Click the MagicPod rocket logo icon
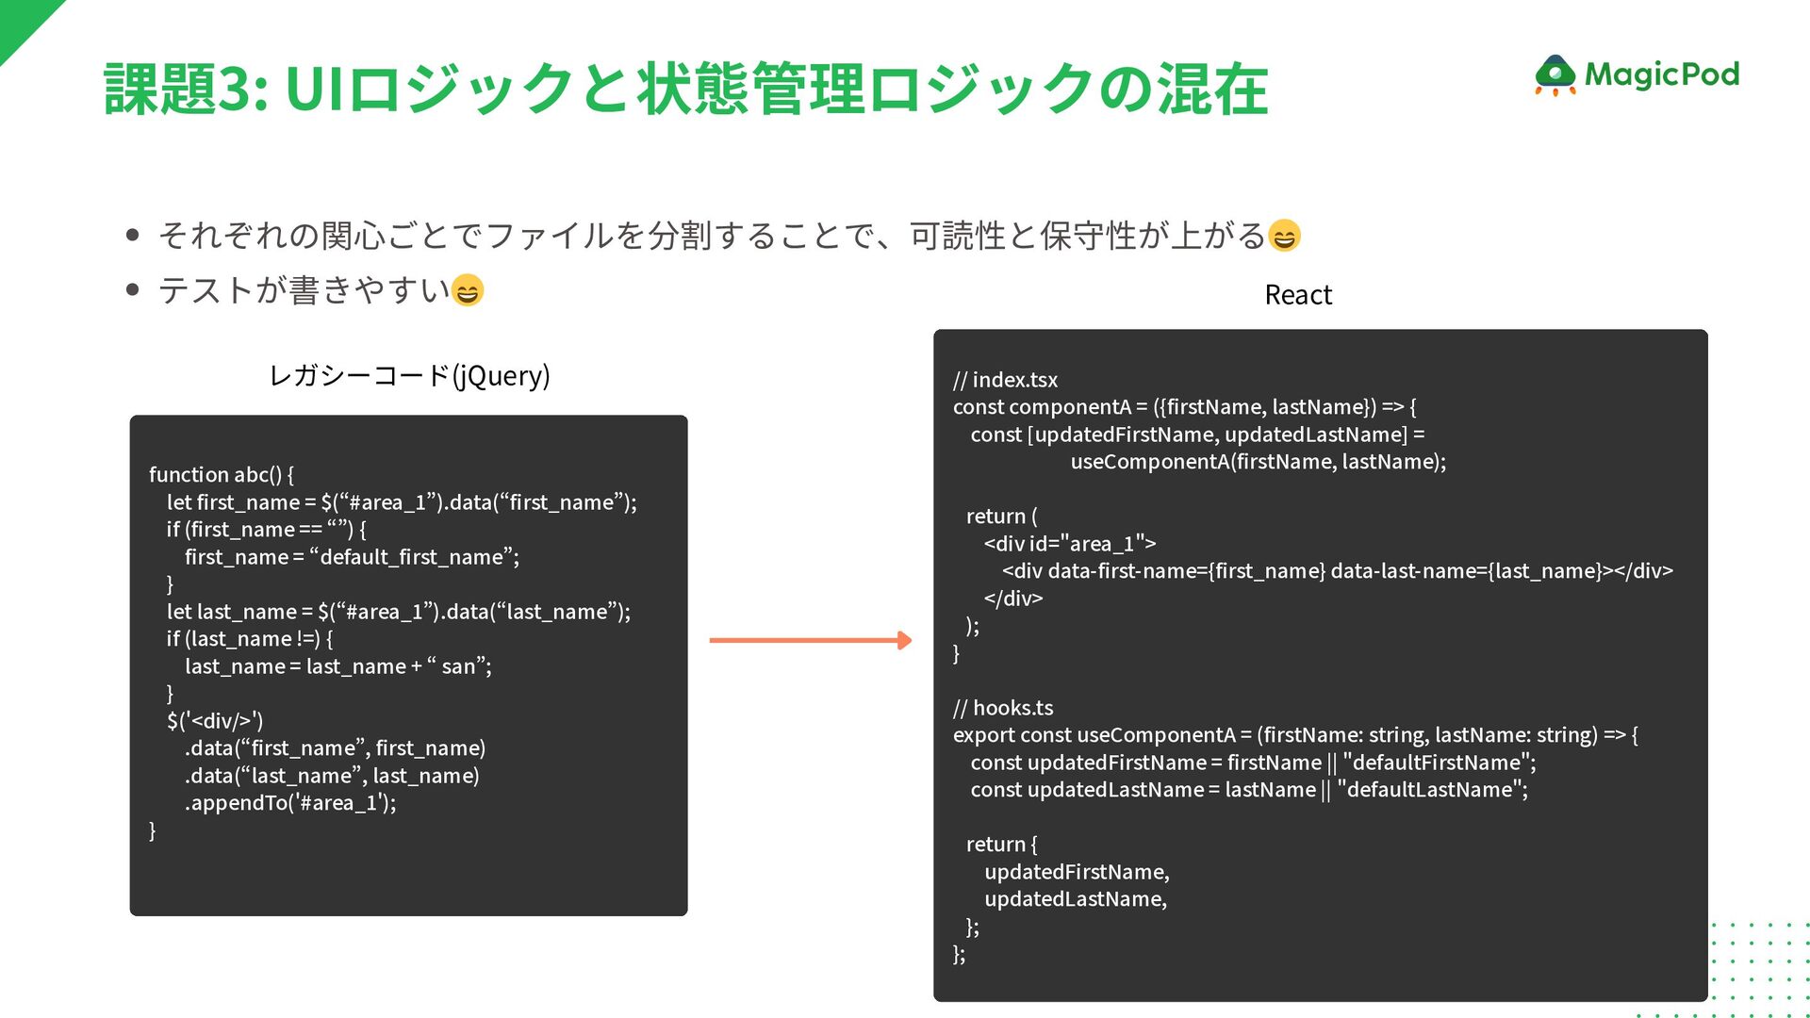pyautogui.click(x=1555, y=75)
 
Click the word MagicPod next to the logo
pyautogui.click(x=1661, y=74)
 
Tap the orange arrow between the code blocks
pyautogui.click(x=811, y=641)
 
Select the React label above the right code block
pyautogui.click(x=1298, y=295)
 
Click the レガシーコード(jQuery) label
pyautogui.click(x=409, y=375)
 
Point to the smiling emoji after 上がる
pyautogui.click(x=1284, y=235)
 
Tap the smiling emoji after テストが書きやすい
pyautogui.click(x=468, y=290)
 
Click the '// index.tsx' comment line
pyautogui.click(x=1005, y=380)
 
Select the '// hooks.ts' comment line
pyautogui.click(x=1003, y=708)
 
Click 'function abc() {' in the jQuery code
pyautogui.click(x=222, y=474)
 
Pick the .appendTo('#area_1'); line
pyautogui.click(x=290, y=803)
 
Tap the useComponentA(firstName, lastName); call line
pyautogui.click(x=1258, y=462)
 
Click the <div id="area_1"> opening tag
pyautogui.click(x=1070, y=544)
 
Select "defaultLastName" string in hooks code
pyautogui.click(x=1432, y=790)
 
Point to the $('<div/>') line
pyautogui.click(x=215, y=721)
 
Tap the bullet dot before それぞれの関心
pyautogui.click(x=133, y=235)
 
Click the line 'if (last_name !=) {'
pyautogui.click(x=250, y=639)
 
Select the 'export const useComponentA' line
pyautogui.click(x=1294, y=735)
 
